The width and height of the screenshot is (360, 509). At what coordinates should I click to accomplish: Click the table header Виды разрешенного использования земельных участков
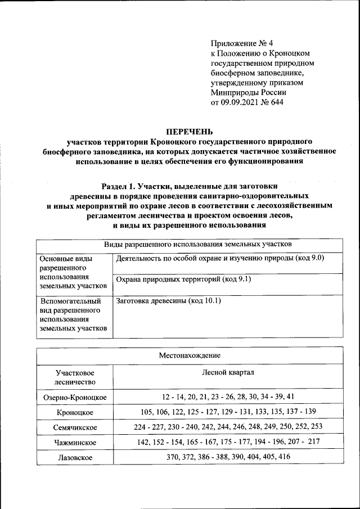point(197,245)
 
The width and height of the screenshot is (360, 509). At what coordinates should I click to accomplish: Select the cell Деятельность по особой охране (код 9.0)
point(220,258)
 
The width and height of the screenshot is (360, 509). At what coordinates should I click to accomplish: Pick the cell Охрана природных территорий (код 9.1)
point(183,279)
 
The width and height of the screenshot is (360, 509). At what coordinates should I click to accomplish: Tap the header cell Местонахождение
point(190,355)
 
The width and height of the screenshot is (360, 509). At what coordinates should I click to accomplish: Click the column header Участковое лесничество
point(75,377)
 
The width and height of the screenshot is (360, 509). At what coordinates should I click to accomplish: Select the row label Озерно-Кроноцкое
point(75,398)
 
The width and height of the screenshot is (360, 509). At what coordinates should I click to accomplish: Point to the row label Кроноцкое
point(75,413)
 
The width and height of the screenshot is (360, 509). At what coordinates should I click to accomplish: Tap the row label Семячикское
point(75,427)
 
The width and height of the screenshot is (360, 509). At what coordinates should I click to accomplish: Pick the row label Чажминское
point(75,443)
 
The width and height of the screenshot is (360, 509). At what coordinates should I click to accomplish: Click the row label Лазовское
point(75,457)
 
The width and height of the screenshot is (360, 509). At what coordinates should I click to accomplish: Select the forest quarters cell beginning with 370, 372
point(228,457)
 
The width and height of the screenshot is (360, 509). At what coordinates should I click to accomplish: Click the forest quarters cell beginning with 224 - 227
point(228,427)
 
